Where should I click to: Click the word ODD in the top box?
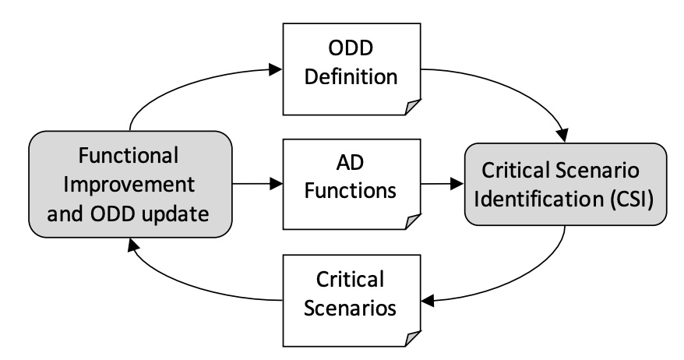coord(351,48)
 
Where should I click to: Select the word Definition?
coord(351,77)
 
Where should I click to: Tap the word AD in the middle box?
coord(350,163)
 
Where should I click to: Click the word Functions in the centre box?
coord(351,191)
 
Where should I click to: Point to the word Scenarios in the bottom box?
coord(350,308)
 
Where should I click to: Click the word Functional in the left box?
coord(129,155)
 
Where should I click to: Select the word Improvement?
coord(129,185)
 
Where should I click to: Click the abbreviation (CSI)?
coord(631,199)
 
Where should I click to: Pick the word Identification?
coord(539,199)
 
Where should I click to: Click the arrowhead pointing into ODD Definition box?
coord(276,69)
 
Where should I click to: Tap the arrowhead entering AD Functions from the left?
coord(276,184)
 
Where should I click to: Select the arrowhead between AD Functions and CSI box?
coord(457,184)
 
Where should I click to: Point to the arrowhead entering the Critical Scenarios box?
coord(428,301)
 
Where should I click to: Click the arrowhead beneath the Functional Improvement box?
coord(133,245)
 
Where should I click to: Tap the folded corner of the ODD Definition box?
coord(413,107)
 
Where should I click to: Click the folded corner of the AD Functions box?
coord(413,221)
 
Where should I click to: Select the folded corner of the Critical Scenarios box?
coord(413,339)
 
